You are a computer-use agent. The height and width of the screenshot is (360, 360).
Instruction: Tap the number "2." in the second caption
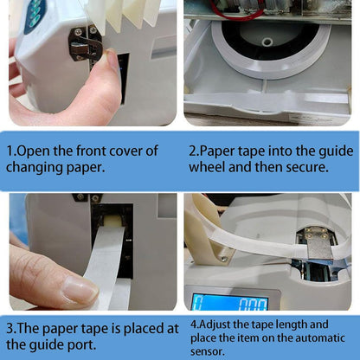(x=194, y=151)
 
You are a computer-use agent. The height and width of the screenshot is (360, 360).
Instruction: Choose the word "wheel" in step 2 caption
(x=208, y=167)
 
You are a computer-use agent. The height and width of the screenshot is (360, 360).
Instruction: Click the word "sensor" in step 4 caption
(x=209, y=351)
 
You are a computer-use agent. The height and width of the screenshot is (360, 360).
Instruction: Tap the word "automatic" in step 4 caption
(x=324, y=337)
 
